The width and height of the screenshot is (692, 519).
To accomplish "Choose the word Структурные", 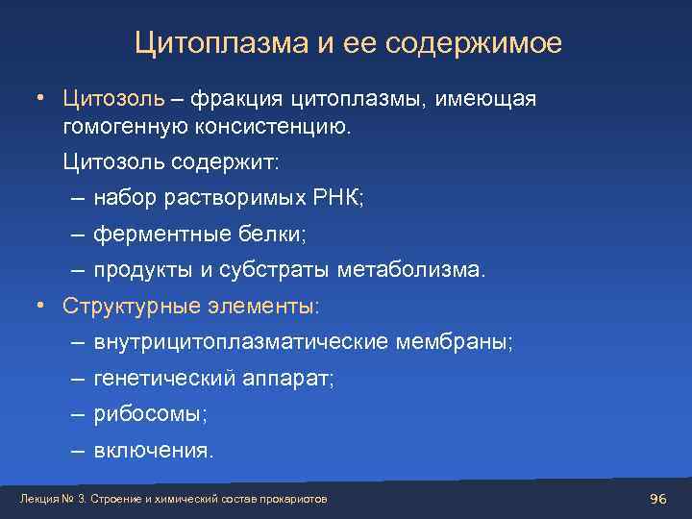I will [x=127, y=306].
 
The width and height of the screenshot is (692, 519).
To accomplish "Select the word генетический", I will [x=162, y=379].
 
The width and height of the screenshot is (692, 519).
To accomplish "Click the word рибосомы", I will [x=149, y=414].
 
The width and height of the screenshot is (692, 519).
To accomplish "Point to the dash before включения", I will [x=76, y=451].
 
